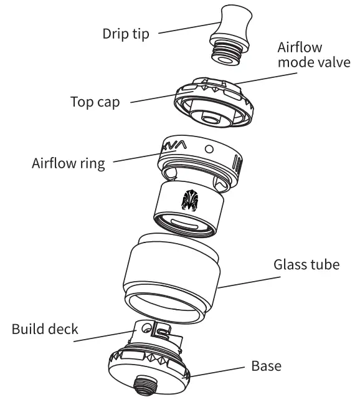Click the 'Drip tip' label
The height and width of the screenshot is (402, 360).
pos(126,34)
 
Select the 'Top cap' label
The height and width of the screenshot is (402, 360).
pos(95,102)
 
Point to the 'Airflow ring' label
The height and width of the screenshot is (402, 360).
pos(69,164)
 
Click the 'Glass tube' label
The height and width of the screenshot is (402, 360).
pos(306,264)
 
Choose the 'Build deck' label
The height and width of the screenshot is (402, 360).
pos(45,328)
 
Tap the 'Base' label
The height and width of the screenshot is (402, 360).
pos(266,365)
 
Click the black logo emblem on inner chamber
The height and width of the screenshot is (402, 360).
pos(189,200)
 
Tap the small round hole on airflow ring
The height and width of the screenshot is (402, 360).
pos(209,149)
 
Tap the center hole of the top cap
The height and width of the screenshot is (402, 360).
pos(209,117)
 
